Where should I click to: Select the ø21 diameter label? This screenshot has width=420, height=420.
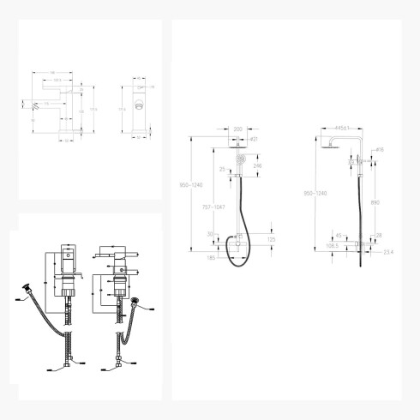point(254,139)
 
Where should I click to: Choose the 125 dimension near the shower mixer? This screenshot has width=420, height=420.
point(272,239)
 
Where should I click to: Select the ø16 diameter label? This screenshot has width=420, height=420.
point(379,149)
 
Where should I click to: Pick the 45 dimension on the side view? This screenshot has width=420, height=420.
point(339,235)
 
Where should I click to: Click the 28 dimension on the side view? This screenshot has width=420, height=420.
point(379,234)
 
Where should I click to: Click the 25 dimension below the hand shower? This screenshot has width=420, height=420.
point(221,170)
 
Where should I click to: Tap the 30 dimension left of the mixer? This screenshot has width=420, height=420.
point(210,232)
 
